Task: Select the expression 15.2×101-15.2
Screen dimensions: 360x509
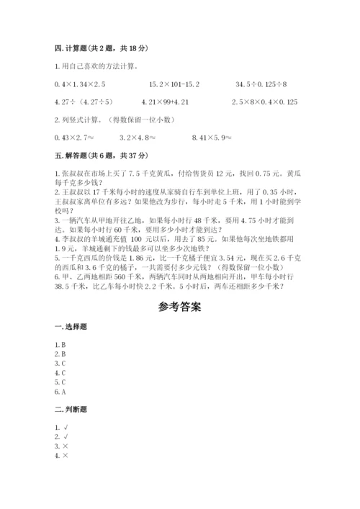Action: tap(174, 84)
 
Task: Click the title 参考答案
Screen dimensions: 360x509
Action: tap(179, 306)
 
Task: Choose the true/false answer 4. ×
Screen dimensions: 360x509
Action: tap(61, 456)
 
